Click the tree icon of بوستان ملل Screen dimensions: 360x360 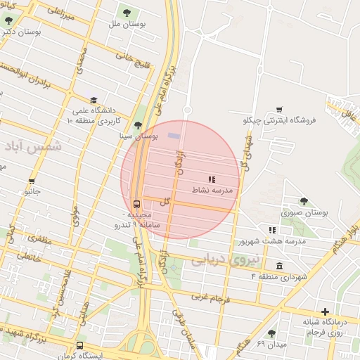[x=127, y=12]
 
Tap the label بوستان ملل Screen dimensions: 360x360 [x=127, y=25]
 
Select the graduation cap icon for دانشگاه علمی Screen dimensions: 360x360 [x=94, y=100]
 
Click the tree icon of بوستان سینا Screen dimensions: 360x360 [x=137, y=124]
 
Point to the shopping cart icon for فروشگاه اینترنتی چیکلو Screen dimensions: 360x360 [x=279, y=109]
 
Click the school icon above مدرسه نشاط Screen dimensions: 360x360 [x=212, y=179]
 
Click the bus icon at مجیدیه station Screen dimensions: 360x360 [x=136, y=205]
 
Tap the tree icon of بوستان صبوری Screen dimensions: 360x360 [x=304, y=201]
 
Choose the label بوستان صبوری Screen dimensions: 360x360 [x=305, y=212]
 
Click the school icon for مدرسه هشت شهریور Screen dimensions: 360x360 [x=272, y=230]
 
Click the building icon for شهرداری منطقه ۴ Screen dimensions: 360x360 [x=280, y=266]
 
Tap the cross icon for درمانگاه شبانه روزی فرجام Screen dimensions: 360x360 [x=324, y=311]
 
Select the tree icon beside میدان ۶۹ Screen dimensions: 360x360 [x=271, y=333]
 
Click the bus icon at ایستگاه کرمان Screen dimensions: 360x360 [x=79, y=346]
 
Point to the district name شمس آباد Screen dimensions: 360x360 [x=33, y=146]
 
